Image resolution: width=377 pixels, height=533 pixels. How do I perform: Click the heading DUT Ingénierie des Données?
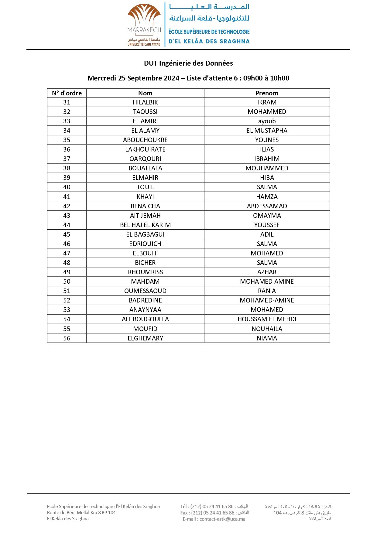tap(188, 63)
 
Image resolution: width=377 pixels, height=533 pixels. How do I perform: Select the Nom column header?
tap(145, 93)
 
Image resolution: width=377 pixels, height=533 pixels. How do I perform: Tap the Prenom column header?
tap(267, 93)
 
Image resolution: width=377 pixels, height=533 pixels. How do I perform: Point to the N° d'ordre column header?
tap(67, 93)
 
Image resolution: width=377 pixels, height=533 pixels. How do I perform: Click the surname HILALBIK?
tap(145, 102)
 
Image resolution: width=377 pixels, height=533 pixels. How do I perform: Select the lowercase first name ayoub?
tap(267, 121)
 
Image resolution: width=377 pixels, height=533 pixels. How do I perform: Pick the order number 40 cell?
tap(67, 187)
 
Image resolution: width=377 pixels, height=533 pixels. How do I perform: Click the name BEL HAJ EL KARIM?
tap(145, 225)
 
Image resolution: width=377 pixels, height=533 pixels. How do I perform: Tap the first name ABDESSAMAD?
tap(267, 206)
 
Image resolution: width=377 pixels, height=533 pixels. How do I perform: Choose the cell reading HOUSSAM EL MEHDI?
tap(267, 319)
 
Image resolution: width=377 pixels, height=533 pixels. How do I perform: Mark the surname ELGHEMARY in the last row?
tap(145, 338)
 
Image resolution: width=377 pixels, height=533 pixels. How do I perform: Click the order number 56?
tap(67, 338)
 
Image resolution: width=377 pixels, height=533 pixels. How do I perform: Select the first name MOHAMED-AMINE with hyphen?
tap(267, 300)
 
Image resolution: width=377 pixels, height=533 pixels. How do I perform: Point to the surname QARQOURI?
tap(145, 159)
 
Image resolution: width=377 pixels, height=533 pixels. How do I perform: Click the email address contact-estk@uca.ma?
tap(222, 519)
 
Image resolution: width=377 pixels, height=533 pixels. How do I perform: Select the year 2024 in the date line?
tap(171, 78)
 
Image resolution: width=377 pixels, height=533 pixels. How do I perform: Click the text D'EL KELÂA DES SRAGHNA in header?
tap(209, 41)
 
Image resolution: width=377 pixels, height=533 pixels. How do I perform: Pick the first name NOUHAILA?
tap(267, 329)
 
